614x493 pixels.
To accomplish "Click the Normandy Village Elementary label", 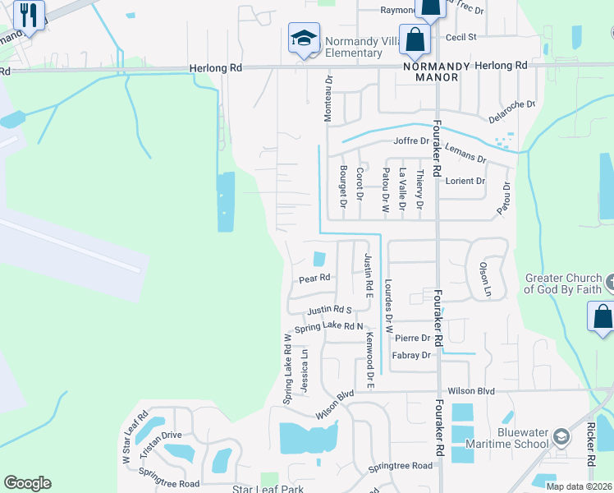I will pyautogui.click(x=352, y=47).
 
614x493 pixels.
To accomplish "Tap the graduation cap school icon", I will pyautogui.click(x=304, y=39).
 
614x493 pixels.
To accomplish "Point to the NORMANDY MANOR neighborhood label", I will pyautogui.click(x=437, y=72).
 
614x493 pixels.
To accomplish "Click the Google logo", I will pyautogui.click(x=28, y=482).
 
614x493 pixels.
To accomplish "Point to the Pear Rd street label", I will pyautogui.click(x=314, y=279).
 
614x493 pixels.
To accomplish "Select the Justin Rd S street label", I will pyautogui.click(x=329, y=311).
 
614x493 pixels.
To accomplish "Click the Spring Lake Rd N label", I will pyautogui.click(x=328, y=327).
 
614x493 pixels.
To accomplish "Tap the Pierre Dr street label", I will pyautogui.click(x=412, y=338).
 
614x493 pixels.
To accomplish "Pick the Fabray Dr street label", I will pyautogui.click(x=411, y=355).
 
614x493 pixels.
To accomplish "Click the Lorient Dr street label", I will pyautogui.click(x=465, y=181).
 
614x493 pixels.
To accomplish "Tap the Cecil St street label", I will pyautogui.click(x=460, y=37).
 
